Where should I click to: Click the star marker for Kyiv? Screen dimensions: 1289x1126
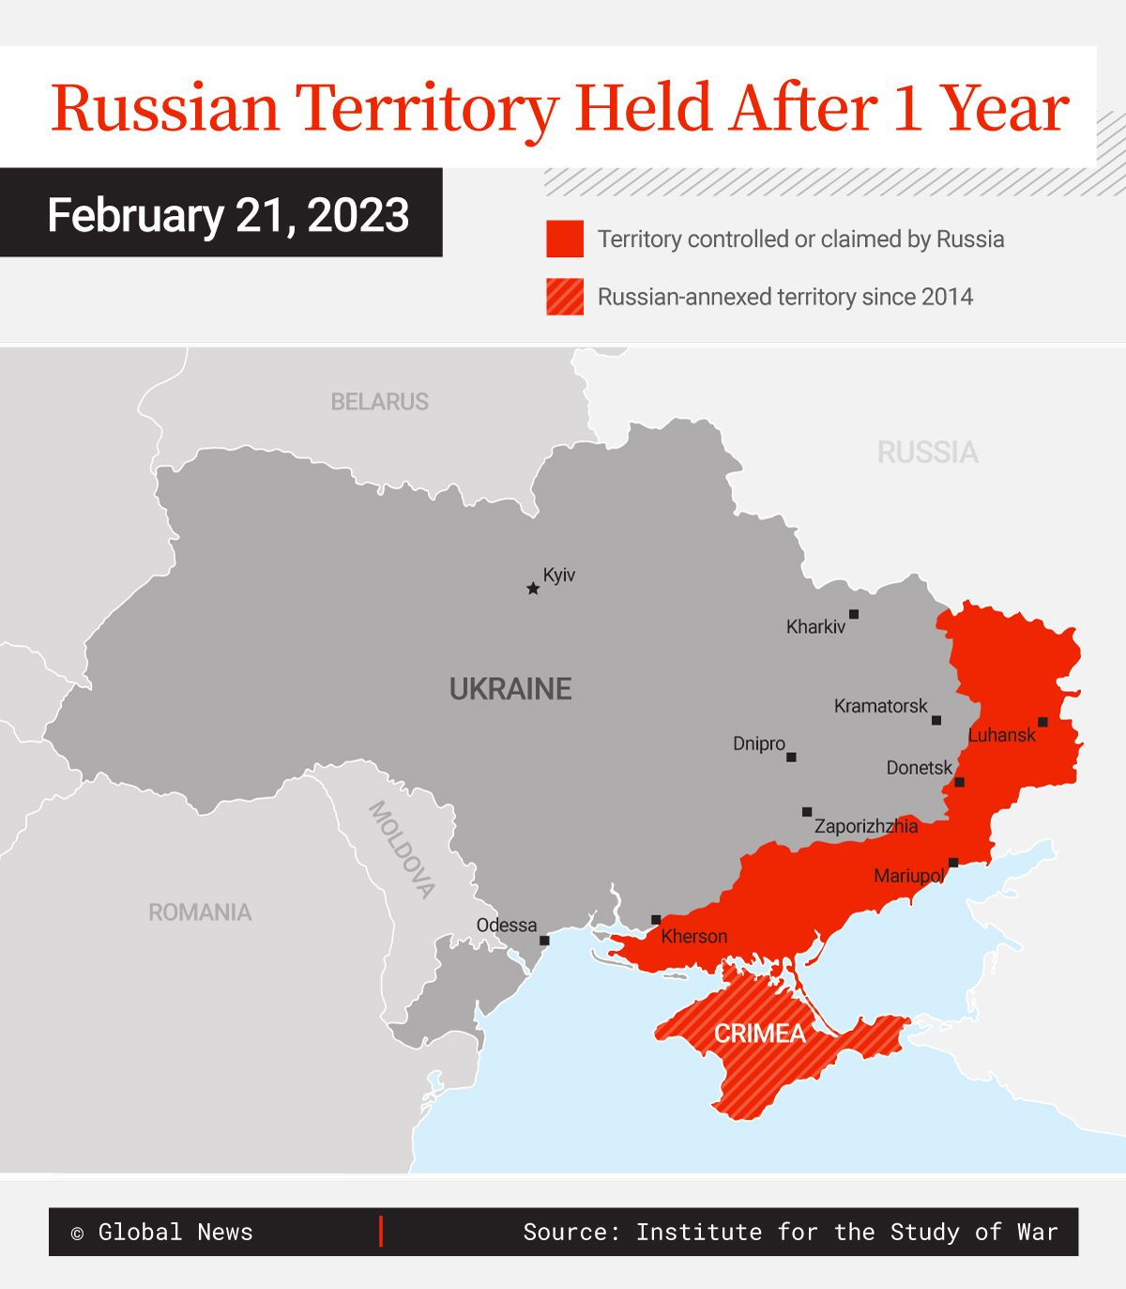click(533, 589)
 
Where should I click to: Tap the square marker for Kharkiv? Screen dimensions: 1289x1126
click(854, 614)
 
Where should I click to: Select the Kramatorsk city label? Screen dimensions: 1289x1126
click(880, 706)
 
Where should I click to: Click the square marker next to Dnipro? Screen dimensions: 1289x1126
click(791, 757)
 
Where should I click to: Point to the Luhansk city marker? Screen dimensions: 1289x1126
click(1042, 722)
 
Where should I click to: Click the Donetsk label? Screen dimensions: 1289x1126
click(919, 768)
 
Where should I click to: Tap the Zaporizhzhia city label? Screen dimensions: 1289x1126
click(866, 826)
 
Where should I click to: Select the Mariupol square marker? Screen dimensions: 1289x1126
click(953, 862)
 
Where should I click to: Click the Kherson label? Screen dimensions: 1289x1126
click(693, 936)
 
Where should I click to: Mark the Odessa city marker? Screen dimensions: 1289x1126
click(544, 940)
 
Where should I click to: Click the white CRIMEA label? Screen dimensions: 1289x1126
click(760, 1034)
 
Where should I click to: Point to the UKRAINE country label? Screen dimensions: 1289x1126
click(510, 689)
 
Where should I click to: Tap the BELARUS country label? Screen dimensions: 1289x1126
click(379, 402)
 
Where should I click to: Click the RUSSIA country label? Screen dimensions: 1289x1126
click(927, 453)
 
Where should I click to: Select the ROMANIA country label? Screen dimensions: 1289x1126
click(200, 913)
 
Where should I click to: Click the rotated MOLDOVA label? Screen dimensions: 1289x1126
click(402, 850)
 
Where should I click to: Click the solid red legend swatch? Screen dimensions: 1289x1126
click(565, 239)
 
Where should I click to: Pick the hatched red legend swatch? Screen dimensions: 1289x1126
click(565, 297)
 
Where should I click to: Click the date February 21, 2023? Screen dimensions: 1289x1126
click(228, 215)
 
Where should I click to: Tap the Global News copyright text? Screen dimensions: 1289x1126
click(162, 1232)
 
